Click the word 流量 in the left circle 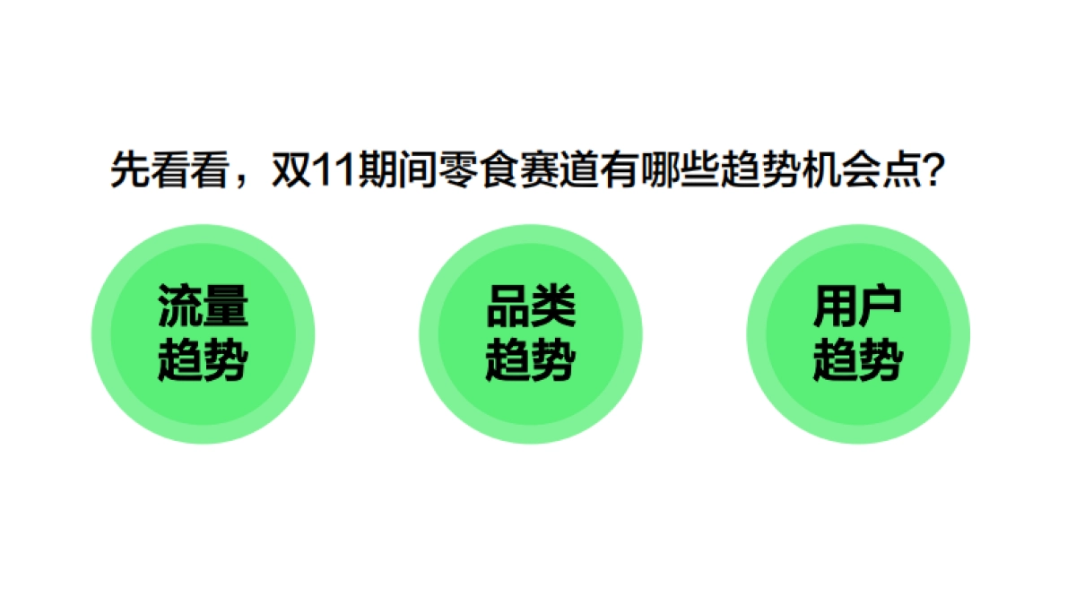(x=203, y=307)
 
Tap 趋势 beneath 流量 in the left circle (x=203, y=361)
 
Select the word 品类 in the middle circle (x=530, y=307)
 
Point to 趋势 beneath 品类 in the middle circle (x=530, y=361)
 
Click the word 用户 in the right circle (x=857, y=307)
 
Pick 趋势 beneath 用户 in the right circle (x=857, y=361)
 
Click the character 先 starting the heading (x=128, y=170)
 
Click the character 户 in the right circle (x=880, y=307)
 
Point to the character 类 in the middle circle (x=552, y=307)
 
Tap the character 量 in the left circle (x=225, y=307)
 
